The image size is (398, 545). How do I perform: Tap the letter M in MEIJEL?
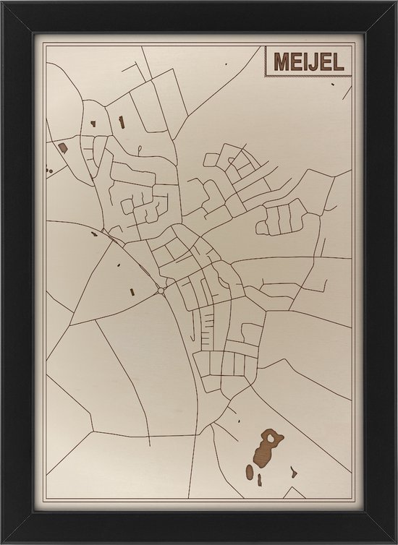(281, 62)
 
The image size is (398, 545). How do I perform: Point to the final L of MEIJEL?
(344, 62)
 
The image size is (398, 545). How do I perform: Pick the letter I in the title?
(308, 62)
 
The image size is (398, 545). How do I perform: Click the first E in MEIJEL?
(297, 62)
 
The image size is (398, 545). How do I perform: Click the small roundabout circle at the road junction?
(160, 291)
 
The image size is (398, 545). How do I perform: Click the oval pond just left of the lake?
(250, 471)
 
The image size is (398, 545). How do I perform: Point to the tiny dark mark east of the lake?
(293, 473)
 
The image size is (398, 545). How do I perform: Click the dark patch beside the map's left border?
(62, 147)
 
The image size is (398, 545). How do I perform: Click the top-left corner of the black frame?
(3, 3)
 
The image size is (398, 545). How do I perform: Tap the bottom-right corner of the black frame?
(394, 541)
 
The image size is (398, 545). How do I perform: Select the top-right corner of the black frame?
(394, 3)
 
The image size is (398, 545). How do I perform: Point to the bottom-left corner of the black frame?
(3, 541)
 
